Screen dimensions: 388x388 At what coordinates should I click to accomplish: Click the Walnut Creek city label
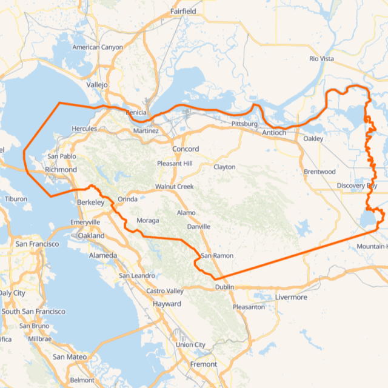coord(174,187)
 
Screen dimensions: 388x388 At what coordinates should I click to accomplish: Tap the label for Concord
coord(186,149)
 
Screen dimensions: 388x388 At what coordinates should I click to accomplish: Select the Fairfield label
coord(183,12)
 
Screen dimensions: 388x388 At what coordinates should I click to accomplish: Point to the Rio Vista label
coord(321,59)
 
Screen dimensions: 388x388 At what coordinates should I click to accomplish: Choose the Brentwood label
coord(319,172)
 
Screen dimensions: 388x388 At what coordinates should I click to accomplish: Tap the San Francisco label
coord(37,244)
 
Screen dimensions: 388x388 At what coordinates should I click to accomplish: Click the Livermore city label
coord(291,297)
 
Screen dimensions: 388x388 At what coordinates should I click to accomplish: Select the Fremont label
coord(204,364)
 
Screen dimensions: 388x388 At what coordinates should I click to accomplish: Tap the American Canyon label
coord(97,47)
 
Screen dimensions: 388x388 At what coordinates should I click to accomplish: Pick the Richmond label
coord(61,170)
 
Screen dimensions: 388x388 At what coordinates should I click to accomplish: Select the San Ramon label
coord(214,255)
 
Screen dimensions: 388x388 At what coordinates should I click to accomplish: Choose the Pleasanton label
coord(249,307)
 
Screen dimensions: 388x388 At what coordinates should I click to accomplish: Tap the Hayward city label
coord(167,304)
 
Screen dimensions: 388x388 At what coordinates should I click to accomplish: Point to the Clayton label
coord(224,167)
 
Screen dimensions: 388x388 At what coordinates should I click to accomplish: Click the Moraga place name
coord(148,220)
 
